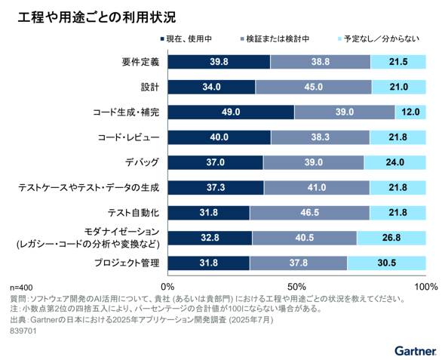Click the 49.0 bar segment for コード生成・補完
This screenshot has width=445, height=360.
[x=231, y=112]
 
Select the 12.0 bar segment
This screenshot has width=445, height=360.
[x=410, y=112]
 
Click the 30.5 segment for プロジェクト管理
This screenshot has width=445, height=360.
[x=387, y=263]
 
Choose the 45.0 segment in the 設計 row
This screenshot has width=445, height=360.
[x=313, y=87]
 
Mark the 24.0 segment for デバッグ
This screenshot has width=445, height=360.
[x=394, y=162]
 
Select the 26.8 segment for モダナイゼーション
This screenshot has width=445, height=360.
[x=391, y=238]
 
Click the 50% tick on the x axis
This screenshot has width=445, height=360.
[x=297, y=286]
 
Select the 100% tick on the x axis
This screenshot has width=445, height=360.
[x=425, y=286]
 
